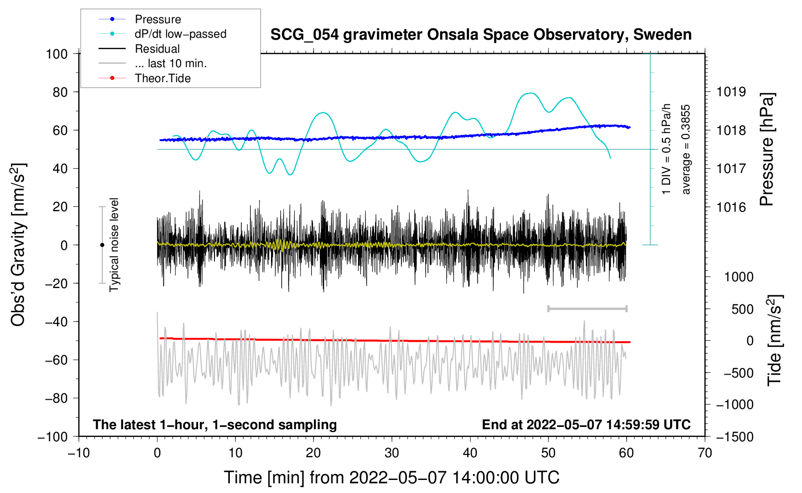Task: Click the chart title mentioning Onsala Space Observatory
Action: pos(481,35)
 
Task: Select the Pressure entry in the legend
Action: pos(158,19)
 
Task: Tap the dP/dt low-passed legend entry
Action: pos(180,34)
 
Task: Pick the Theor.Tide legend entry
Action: pos(162,78)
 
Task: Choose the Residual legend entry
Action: pos(157,49)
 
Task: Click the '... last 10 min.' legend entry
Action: pos(171,63)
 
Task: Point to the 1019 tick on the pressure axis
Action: pos(731,92)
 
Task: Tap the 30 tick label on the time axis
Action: pos(392,453)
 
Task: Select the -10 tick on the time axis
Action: pos(79,453)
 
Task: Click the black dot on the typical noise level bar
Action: pos(102,245)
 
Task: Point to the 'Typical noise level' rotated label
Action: pos(114,245)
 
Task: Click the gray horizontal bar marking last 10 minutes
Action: pos(587,308)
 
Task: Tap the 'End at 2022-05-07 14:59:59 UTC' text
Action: pos(586,424)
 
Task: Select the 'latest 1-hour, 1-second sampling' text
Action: pos(215,424)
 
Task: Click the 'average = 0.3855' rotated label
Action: pos(686,150)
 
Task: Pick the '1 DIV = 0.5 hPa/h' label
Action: pos(667,149)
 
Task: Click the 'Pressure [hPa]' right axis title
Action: pos(767,150)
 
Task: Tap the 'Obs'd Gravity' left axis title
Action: pos(18,245)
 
